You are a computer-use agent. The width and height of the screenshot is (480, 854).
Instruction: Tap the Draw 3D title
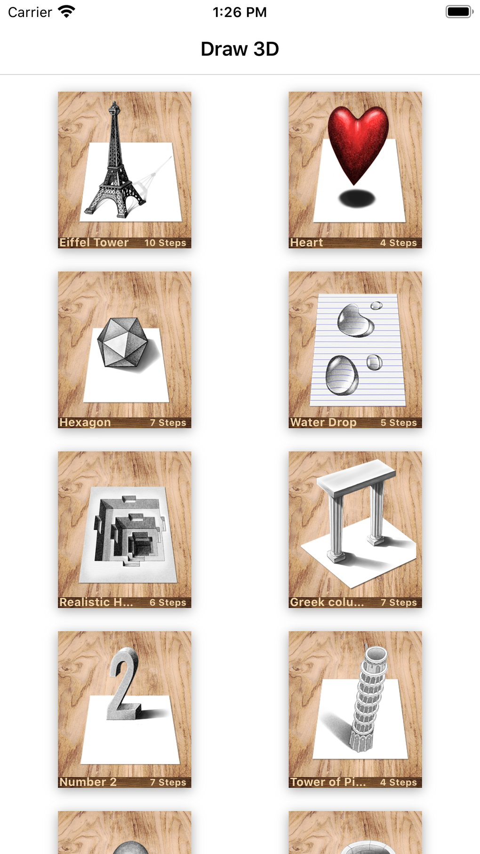[240, 49]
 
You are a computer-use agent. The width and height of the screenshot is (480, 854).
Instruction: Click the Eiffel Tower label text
[94, 243]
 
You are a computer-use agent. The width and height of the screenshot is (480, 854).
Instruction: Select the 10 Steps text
[165, 243]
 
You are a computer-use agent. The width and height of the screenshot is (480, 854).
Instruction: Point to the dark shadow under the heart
[357, 199]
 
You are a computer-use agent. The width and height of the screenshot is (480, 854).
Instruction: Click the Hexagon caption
[85, 423]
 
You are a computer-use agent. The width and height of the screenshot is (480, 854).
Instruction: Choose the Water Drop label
[323, 423]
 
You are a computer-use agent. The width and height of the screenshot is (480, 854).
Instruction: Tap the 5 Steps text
[399, 423]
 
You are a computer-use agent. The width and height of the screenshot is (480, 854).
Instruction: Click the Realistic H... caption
[96, 602]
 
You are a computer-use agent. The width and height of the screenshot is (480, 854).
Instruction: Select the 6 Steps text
[168, 603]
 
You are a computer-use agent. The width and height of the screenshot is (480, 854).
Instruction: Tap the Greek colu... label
[327, 602]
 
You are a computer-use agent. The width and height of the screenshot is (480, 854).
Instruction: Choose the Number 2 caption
[88, 782]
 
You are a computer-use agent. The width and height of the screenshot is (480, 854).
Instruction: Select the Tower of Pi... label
[328, 782]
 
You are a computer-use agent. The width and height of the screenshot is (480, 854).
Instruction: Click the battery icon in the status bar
[459, 12]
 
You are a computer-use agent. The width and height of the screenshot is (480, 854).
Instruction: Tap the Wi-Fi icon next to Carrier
[66, 12]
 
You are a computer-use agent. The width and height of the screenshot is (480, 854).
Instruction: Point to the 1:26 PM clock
[240, 12]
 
